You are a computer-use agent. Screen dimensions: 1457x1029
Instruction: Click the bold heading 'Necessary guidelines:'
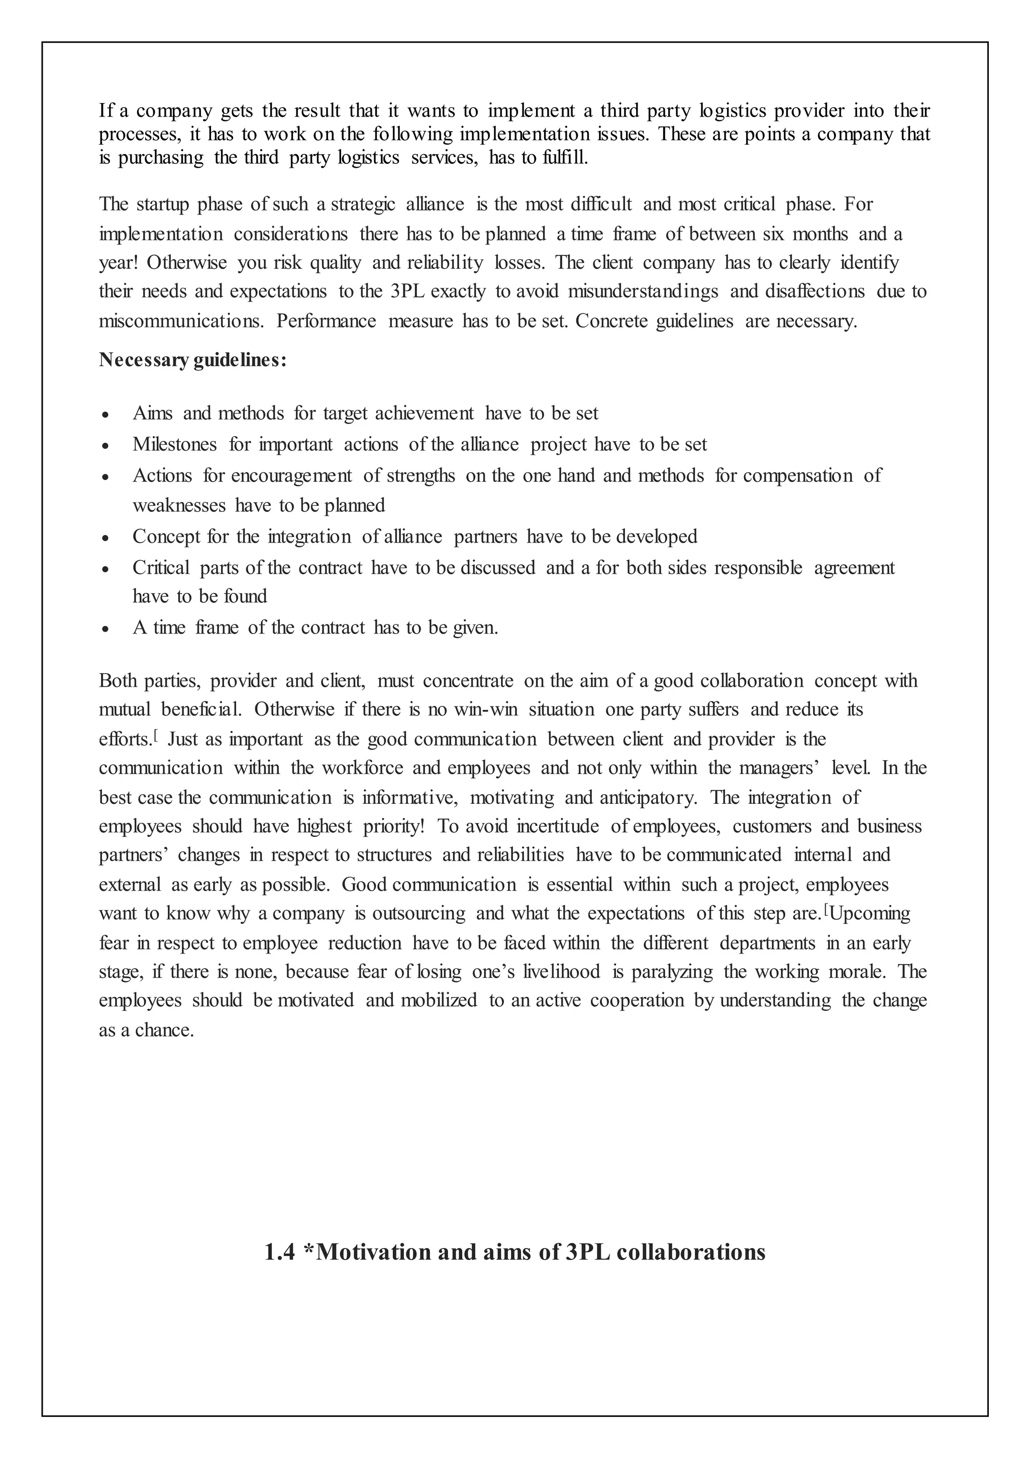(x=193, y=360)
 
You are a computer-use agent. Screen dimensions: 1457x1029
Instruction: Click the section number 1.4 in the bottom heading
(x=279, y=1252)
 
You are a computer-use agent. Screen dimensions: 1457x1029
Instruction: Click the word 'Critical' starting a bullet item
(x=161, y=567)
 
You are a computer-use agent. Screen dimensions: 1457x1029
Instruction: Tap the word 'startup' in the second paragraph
(x=161, y=204)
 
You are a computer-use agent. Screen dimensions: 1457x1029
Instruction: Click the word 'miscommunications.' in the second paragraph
(x=181, y=321)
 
